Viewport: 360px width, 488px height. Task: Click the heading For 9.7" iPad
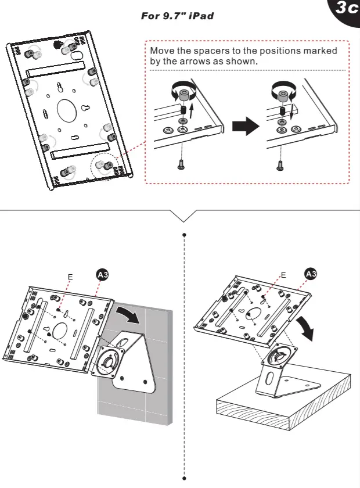tap(177, 16)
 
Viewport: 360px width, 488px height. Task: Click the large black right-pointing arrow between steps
tap(244, 125)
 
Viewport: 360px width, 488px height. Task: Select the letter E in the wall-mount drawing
tap(69, 278)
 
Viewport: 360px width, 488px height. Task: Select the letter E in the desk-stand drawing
tap(283, 274)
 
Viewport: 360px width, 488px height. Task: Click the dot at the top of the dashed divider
tap(184, 235)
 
